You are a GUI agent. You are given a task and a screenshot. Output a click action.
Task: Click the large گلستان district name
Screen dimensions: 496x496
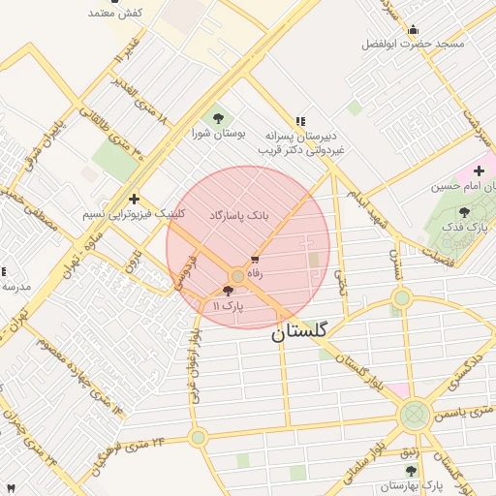(300, 330)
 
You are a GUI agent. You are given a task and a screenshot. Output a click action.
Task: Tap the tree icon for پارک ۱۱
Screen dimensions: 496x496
(228, 291)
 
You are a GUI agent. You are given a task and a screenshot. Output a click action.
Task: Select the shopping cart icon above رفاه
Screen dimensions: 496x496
(255, 260)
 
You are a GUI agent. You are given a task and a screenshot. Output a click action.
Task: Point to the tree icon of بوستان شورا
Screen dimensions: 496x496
(216, 117)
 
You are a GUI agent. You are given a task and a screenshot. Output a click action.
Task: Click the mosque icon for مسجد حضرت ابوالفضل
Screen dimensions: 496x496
(414, 29)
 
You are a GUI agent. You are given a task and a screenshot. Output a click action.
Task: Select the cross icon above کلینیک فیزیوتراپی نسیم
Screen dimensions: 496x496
(134, 198)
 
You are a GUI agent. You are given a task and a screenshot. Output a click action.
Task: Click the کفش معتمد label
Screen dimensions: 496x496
(115, 13)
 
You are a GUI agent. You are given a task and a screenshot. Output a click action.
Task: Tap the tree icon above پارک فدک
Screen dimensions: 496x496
(464, 211)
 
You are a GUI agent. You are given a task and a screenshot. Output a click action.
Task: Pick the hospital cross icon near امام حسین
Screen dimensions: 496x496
(479, 170)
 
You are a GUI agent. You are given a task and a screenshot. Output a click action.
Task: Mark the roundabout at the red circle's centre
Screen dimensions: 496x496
(238, 277)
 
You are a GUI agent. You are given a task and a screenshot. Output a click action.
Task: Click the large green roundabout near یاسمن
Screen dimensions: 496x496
(415, 417)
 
